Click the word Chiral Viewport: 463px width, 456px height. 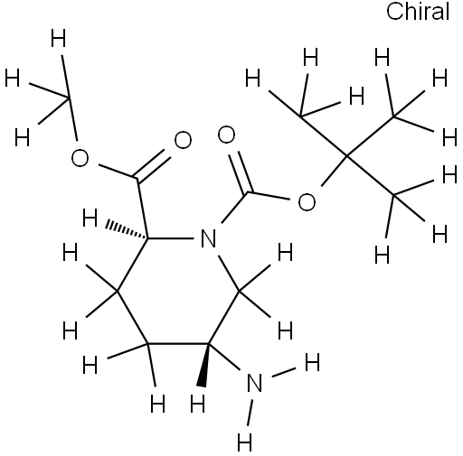pos(418,12)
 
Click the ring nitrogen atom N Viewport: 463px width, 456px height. pos(209,238)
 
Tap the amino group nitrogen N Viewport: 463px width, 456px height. pos(254,383)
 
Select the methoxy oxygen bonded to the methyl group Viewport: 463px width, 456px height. pos(80,158)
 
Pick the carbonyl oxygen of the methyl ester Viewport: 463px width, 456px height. pos(183,140)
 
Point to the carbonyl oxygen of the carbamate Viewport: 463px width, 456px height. pos(226,135)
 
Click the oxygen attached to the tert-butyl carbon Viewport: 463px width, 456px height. pos(307,201)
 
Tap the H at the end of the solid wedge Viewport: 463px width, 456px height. pos(198,404)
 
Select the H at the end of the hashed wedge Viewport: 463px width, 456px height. pos(90,218)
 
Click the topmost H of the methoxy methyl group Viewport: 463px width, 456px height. pos(58,38)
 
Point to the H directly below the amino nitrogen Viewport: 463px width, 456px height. pos(244,442)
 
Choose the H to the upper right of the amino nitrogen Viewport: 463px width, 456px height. pos(312,362)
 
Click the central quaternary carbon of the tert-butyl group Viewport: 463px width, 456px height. pos(347,156)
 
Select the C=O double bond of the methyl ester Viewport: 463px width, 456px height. pos(153,165)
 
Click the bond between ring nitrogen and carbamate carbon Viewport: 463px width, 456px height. pos(234,208)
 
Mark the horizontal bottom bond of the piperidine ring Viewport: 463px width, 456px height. pos(178,343)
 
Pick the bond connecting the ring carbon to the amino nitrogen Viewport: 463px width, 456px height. pos(224,357)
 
